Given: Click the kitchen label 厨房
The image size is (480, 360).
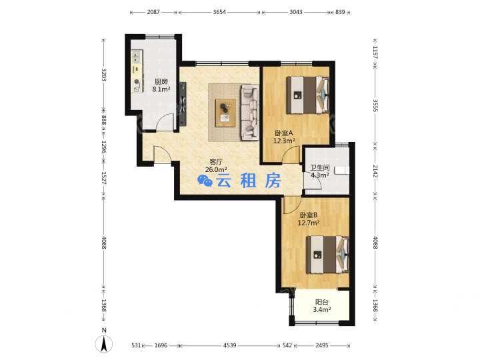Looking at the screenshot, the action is coord(161,82).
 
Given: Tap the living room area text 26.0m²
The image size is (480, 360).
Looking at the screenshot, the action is coord(216,169).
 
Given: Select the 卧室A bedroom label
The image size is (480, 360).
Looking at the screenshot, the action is coord(284,133).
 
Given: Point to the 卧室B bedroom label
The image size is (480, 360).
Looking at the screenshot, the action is coord(308,215).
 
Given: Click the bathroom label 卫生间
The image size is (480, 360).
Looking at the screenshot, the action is coord(320,168).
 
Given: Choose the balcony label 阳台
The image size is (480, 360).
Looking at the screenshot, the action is coord(322,302).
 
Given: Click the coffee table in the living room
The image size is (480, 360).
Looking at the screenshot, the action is coord(225,113).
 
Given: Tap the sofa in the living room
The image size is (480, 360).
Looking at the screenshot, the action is coord(250,113).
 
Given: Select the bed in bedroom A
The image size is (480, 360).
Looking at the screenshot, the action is coord(307,95).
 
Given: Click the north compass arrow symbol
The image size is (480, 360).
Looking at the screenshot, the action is coord(104,344).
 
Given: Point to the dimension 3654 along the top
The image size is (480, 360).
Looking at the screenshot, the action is coord(219,12).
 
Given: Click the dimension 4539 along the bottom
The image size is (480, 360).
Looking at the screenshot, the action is coord(229,345).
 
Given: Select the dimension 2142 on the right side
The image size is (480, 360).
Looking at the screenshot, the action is coord(375,171).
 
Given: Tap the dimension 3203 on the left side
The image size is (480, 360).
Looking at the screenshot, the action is coord(104,75).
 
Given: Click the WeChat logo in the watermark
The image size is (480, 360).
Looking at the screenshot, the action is coord(205,181).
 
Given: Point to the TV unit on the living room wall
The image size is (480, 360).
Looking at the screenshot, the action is coord(183,104).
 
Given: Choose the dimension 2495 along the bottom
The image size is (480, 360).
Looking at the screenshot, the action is coord(322,345).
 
